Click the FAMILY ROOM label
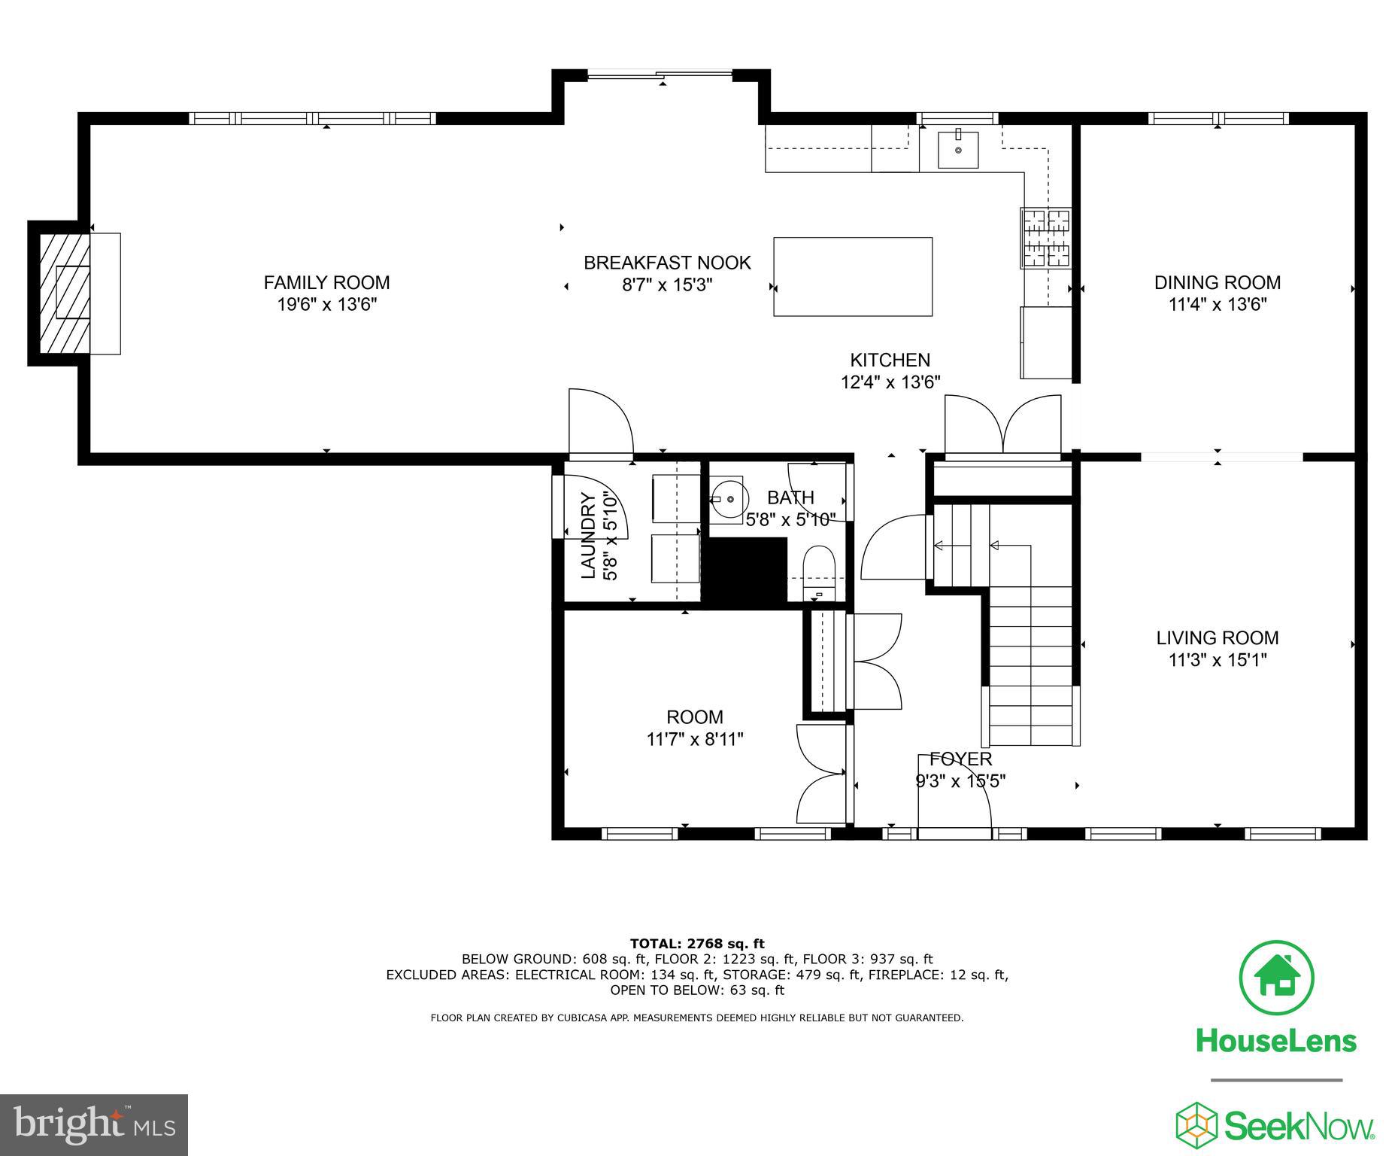[x=326, y=282]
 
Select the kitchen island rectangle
[x=853, y=277]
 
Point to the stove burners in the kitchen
[x=1045, y=237]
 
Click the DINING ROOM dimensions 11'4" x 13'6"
[x=1218, y=305]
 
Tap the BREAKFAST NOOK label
[x=667, y=263]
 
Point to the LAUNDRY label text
[x=589, y=535]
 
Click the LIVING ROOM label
[x=1217, y=637]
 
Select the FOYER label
[x=960, y=759]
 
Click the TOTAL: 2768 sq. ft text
[x=696, y=943]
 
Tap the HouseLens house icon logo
[x=1276, y=978]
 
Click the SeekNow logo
[x=1275, y=1126]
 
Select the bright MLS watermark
[x=94, y=1124]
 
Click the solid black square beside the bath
[x=744, y=572]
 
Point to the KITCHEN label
[x=890, y=360]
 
